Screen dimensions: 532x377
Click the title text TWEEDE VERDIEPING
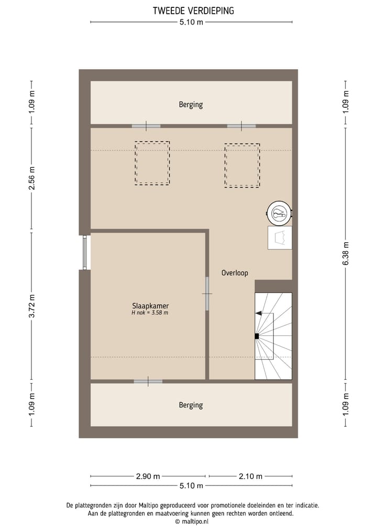click(x=193, y=10)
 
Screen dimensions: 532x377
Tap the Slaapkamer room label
click(x=150, y=305)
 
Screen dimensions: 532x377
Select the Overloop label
click(x=235, y=273)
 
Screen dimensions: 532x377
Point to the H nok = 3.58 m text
click(x=150, y=313)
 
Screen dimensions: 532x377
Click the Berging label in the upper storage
click(x=191, y=105)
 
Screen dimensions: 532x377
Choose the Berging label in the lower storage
click(x=191, y=405)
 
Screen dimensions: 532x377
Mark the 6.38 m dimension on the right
click(x=345, y=255)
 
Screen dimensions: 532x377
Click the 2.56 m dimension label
click(x=32, y=178)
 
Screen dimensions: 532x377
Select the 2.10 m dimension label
click(x=250, y=476)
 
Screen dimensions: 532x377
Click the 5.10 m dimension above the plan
click(x=191, y=22)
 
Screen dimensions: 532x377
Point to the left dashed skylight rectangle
click(x=152, y=163)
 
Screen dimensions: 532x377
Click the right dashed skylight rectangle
click(x=242, y=165)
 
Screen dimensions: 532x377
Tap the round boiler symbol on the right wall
click(x=280, y=213)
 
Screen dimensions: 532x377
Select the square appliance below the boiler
click(x=280, y=237)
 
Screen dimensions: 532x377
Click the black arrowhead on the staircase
click(x=259, y=313)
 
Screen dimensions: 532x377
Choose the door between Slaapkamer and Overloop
click(x=207, y=293)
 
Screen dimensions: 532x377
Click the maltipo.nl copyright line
click(x=192, y=522)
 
